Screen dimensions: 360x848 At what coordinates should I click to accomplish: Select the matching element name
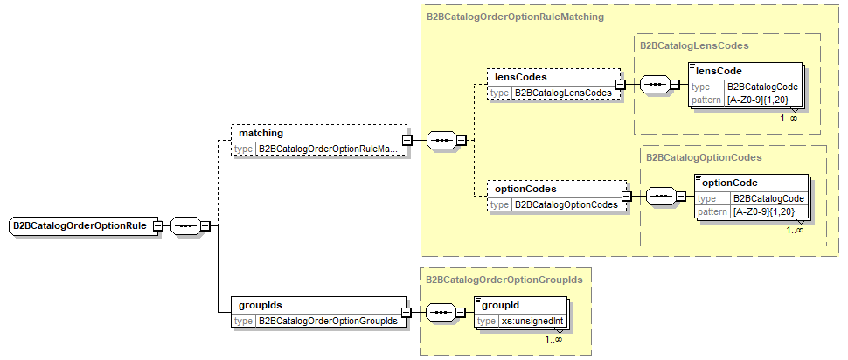point(261,133)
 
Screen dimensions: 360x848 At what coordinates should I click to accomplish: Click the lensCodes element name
point(521,77)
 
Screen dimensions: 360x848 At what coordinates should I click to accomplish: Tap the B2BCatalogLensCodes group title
point(694,45)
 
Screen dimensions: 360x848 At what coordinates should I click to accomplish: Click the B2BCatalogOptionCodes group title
point(703,157)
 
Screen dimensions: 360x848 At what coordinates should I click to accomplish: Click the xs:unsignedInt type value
point(532,322)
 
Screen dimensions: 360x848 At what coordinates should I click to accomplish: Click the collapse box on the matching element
point(407,140)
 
